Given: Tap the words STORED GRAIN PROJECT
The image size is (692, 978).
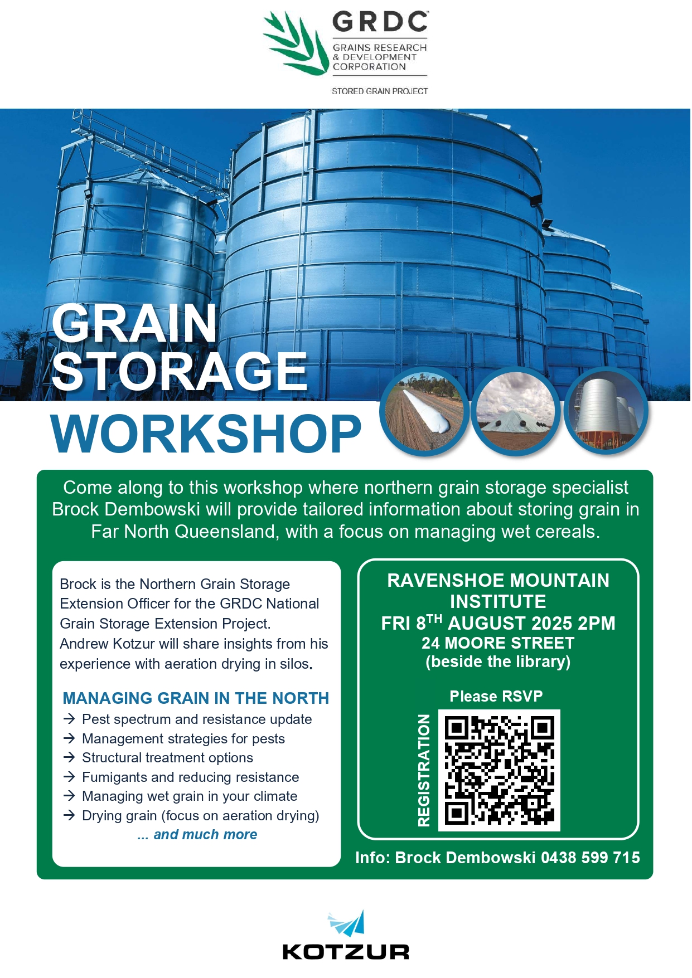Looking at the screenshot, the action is (x=380, y=91).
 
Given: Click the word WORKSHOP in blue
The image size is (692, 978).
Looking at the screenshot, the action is (x=206, y=434).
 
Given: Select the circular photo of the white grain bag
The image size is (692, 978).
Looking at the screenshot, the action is (x=424, y=411).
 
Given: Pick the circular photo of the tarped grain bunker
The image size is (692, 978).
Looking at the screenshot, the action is (x=516, y=411).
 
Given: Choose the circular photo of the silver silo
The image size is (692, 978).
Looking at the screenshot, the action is (x=606, y=411).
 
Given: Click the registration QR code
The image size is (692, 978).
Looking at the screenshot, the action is (x=499, y=770).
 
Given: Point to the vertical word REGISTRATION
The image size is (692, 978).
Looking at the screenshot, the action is (x=424, y=770).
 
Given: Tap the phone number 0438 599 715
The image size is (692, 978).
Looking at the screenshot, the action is (x=591, y=857).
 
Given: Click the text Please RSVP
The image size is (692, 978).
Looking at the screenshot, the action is (x=496, y=696).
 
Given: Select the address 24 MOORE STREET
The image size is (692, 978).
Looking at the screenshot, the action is (x=498, y=643).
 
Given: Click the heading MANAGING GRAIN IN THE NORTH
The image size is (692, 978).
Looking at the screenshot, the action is (x=196, y=698).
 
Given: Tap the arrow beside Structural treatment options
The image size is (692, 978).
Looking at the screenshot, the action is (x=69, y=757).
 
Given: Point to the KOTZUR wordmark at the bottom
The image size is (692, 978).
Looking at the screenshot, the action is (x=346, y=952).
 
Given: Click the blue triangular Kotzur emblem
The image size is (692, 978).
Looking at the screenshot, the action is (x=347, y=923).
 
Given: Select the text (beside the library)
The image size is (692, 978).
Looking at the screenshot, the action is (x=498, y=662).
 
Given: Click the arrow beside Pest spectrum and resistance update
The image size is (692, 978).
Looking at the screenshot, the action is (x=69, y=719).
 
